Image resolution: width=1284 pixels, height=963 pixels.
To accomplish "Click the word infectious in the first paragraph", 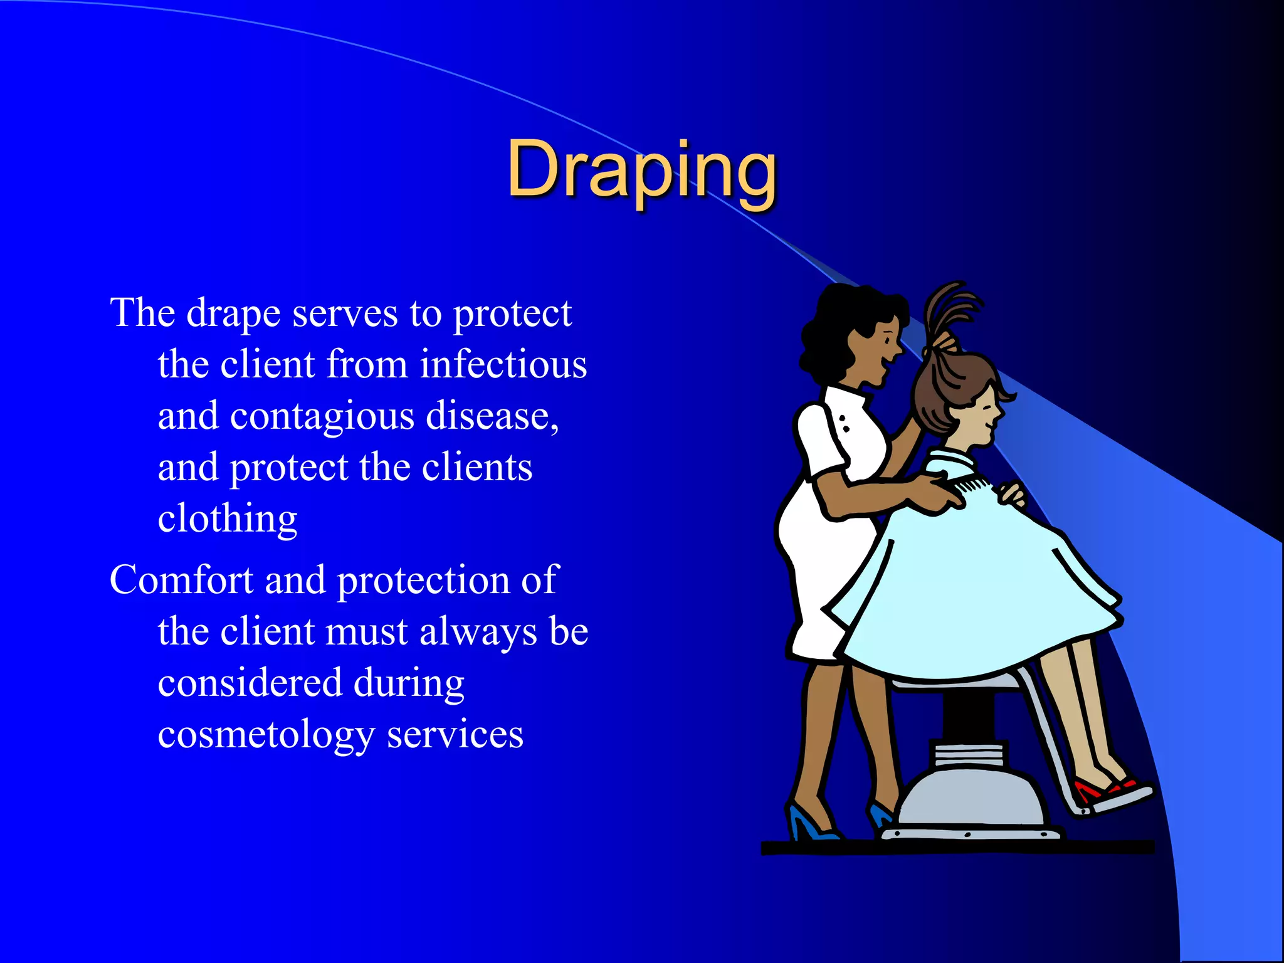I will tap(503, 364).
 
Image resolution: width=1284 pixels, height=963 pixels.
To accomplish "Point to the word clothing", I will tap(228, 519).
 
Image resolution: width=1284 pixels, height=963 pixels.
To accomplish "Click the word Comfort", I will tap(181, 579).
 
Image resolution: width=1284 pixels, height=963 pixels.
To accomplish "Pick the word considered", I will tap(250, 683).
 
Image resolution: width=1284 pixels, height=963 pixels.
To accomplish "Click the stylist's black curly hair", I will tap(834, 326).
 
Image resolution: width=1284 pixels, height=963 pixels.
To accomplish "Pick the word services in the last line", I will tap(455, 735).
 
